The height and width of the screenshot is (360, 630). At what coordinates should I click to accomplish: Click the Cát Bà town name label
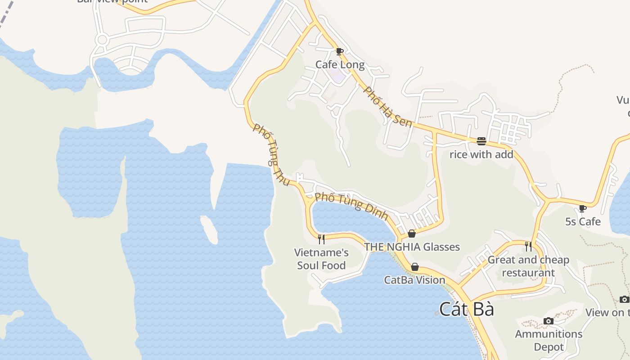tap(467, 310)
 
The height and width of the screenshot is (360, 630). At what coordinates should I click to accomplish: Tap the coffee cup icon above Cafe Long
tap(340, 52)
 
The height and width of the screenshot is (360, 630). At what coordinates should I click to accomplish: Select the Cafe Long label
tap(340, 65)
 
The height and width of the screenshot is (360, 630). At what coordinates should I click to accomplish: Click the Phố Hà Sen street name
tap(387, 107)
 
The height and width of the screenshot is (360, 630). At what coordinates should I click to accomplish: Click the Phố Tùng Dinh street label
tap(351, 206)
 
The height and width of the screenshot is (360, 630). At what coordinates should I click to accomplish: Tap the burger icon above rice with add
tap(481, 141)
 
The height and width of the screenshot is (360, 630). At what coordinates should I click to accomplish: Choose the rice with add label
tap(481, 155)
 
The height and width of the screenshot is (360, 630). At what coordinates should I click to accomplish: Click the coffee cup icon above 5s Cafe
tap(583, 208)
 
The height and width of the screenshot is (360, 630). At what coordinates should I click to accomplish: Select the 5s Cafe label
tap(583, 222)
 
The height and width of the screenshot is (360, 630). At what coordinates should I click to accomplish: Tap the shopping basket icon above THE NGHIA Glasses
tap(412, 234)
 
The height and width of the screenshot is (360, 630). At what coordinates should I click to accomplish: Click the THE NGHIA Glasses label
tap(412, 247)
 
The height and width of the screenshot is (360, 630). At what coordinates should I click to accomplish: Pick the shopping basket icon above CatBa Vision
tap(415, 267)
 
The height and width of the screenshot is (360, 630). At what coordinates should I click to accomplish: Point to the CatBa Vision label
tap(414, 280)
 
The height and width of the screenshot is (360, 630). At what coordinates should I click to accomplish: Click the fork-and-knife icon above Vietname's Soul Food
tap(321, 239)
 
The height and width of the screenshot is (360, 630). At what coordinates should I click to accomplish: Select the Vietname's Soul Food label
tap(321, 259)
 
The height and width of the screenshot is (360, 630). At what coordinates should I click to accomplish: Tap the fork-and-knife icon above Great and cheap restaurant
tap(528, 247)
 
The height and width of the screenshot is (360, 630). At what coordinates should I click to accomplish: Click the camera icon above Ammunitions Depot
tap(548, 321)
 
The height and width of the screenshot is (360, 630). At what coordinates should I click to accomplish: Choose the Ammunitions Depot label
tap(549, 340)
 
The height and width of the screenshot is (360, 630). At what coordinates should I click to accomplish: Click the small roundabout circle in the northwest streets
tap(102, 40)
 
